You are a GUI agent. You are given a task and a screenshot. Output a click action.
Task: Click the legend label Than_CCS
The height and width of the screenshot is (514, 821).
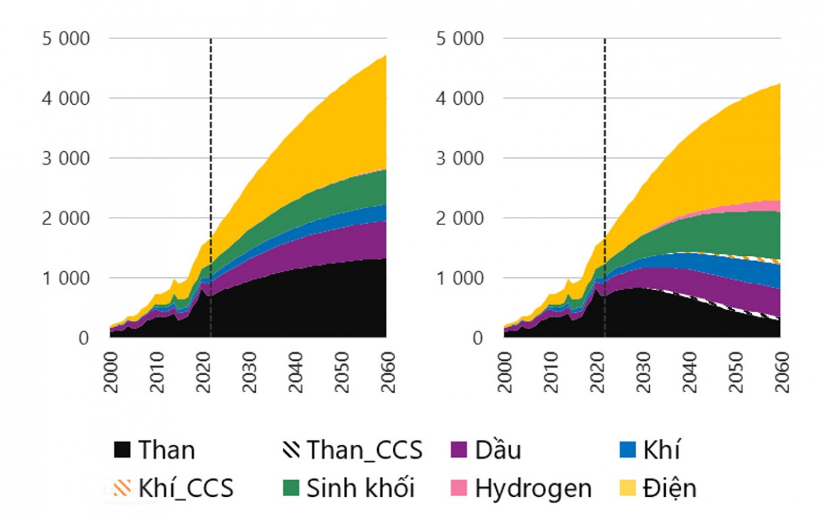click(364, 450)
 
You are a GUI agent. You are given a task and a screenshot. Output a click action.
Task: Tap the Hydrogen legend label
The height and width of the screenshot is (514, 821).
click(533, 489)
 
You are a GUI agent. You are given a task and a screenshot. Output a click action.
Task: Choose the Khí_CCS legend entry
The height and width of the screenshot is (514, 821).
click(185, 489)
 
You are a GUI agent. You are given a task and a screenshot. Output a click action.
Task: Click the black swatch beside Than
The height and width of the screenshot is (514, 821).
click(121, 450)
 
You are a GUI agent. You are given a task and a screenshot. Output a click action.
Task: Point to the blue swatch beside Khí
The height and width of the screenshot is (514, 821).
click(628, 450)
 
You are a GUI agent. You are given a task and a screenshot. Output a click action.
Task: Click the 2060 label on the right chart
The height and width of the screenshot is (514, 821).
click(780, 372)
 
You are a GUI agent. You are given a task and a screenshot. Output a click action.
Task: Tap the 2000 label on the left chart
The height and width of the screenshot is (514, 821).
click(110, 372)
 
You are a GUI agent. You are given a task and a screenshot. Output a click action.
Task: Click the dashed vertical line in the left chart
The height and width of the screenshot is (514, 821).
click(211, 137)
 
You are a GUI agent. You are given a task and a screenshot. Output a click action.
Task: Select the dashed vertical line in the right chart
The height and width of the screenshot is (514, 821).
click(605, 137)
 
